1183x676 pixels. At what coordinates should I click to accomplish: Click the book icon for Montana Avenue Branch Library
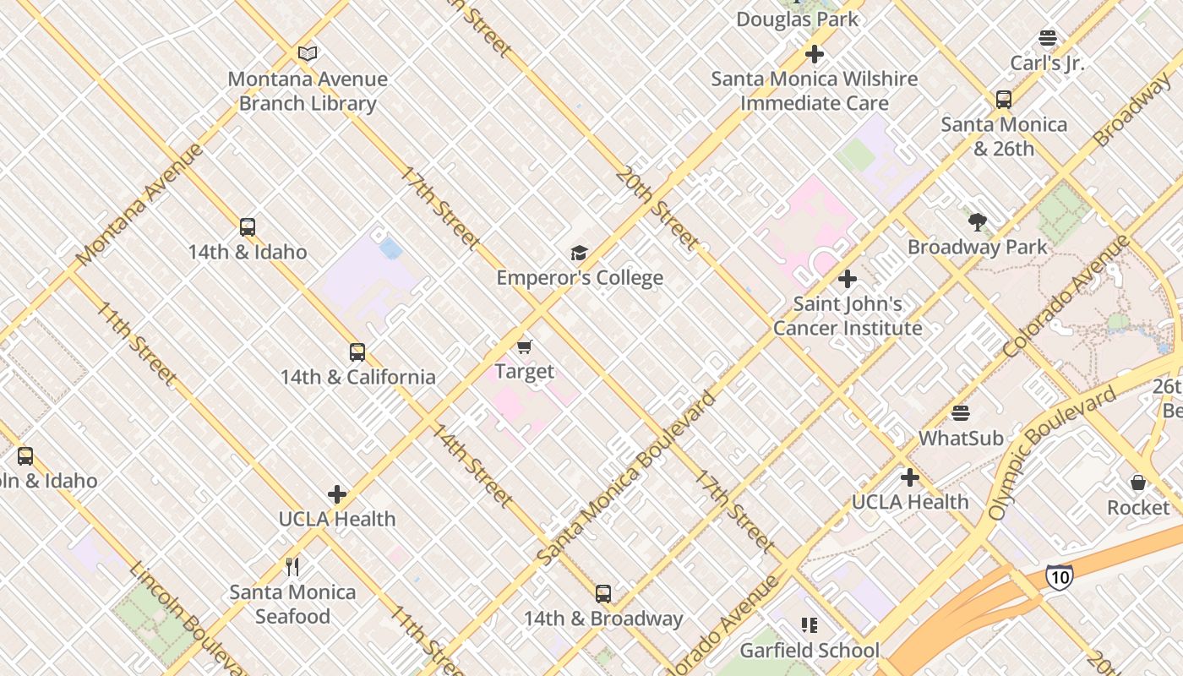tap(308, 54)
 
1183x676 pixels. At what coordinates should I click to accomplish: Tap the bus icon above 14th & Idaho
tap(247, 226)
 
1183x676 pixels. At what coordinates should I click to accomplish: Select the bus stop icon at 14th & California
tap(357, 352)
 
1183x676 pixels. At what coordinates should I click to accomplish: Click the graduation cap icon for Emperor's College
tap(579, 253)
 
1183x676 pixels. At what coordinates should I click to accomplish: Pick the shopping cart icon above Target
tap(525, 346)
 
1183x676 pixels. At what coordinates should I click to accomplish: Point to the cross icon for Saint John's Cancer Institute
tap(848, 278)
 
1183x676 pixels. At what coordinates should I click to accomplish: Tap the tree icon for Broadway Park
tap(978, 222)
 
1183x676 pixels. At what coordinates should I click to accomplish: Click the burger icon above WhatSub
tap(961, 413)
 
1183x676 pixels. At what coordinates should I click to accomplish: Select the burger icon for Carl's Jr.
tap(1048, 38)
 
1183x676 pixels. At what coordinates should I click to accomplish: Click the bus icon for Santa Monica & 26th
tap(1004, 99)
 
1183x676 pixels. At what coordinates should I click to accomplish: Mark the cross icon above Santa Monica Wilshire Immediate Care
tap(815, 54)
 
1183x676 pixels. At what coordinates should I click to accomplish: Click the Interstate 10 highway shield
tap(1059, 576)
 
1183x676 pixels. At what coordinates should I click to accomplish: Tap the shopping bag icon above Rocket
tap(1138, 482)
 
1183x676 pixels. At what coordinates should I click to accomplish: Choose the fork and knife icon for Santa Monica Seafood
tap(292, 566)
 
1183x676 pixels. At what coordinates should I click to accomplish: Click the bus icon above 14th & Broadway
tap(602, 593)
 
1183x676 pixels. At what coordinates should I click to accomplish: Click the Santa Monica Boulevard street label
tap(626, 478)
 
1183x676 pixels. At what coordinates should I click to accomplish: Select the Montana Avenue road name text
tap(140, 204)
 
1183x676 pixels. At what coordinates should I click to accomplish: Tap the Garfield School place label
tap(810, 651)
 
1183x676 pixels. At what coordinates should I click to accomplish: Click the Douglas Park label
tap(797, 19)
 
